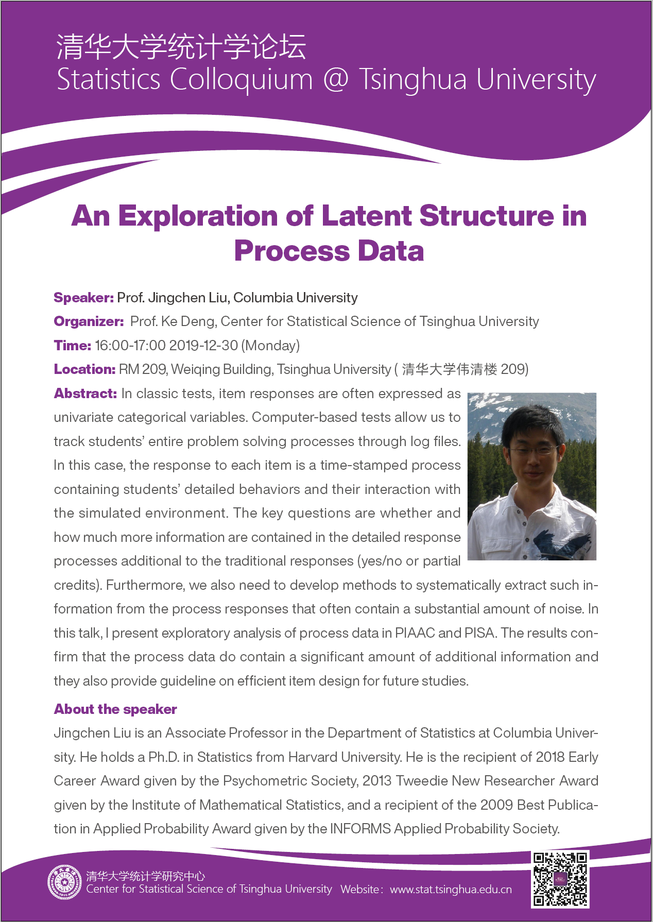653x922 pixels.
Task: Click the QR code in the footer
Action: [560, 879]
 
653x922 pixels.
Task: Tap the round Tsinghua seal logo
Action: [64, 882]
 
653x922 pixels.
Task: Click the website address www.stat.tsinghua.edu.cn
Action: [451, 890]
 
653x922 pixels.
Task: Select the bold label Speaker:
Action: [83, 298]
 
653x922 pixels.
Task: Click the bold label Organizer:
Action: [89, 321]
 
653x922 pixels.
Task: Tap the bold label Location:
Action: [84, 369]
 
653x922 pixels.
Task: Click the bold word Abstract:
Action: [85, 394]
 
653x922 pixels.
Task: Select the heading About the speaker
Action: [115, 709]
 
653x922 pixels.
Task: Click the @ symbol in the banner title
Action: [336, 79]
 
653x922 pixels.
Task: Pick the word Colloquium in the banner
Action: [241, 79]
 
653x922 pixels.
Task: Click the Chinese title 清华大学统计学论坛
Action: [181, 47]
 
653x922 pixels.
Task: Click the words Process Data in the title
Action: [329, 251]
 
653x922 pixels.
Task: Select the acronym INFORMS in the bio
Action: [360, 828]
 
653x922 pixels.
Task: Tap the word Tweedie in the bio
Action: [422, 781]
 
